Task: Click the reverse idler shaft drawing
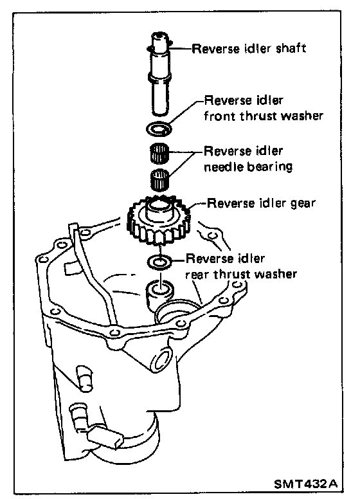tap(160, 74)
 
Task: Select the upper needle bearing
tap(159, 152)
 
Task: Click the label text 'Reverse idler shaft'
tap(249, 49)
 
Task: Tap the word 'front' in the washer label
tap(220, 116)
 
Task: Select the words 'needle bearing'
tap(248, 167)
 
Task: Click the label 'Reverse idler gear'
tap(261, 203)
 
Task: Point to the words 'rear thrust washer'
tap(241, 274)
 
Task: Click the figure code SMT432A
tap(305, 484)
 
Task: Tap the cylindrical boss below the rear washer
tap(159, 293)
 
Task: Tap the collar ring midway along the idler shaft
tap(160, 78)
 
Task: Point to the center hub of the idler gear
tap(159, 210)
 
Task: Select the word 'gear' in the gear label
tap(303, 204)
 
